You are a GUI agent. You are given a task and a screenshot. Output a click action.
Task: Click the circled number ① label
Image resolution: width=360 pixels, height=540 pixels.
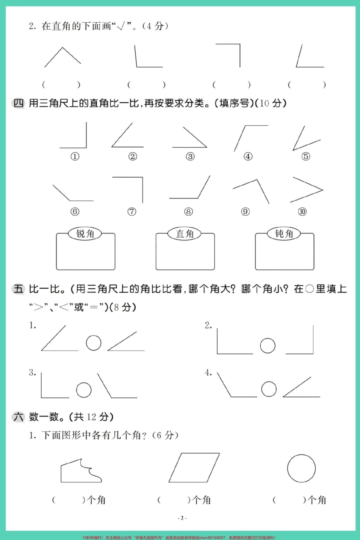(x=75, y=156)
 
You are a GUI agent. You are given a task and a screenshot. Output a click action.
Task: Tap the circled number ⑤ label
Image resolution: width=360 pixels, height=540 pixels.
(x=305, y=156)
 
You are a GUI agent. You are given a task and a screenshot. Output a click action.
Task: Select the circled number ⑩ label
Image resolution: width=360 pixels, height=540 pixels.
(x=302, y=211)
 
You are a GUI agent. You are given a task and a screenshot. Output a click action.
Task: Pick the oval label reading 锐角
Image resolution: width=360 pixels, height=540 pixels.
(x=85, y=234)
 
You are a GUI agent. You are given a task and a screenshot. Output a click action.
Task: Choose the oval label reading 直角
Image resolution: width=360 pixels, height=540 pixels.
(x=185, y=234)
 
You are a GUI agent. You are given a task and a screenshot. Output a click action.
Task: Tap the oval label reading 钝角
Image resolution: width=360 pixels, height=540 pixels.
(x=284, y=234)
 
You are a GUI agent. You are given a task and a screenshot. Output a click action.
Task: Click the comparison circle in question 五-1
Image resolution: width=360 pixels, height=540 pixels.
(x=94, y=343)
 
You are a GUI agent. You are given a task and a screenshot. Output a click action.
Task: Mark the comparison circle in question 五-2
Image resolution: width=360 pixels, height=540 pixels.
(x=268, y=345)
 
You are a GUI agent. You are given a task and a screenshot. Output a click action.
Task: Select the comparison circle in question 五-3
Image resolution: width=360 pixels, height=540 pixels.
(x=84, y=390)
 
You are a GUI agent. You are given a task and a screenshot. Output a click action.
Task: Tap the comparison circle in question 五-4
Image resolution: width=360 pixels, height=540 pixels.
(x=269, y=389)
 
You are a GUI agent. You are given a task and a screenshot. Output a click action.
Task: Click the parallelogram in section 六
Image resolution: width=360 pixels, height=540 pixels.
(x=194, y=468)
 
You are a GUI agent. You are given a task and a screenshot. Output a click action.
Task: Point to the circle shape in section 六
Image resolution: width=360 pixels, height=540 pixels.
(x=301, y=468)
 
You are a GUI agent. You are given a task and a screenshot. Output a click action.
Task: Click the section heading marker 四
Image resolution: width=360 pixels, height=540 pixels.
(x=18, y=103)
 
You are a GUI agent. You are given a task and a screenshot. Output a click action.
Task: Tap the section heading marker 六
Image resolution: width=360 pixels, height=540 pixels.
(x=18, y=417)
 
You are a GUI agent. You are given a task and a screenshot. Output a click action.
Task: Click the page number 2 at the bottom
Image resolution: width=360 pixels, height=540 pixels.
(x=182, y=518)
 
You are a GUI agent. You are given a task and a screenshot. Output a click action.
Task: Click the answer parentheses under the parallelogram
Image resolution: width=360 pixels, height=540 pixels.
(x=174, y=500)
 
